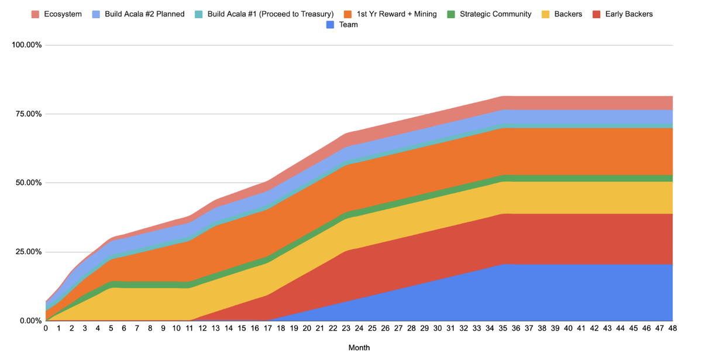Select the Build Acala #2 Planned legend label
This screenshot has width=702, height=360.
pos(144,14)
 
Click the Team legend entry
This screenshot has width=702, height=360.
pos(348,25)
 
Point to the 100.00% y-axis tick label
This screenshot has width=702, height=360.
pos(27,45)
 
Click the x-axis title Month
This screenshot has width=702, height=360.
pos(359,348)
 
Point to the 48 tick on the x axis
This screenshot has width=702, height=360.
pos(673,329)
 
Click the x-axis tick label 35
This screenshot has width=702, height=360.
pos(503,329)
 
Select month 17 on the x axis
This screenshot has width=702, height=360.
pos(268,329)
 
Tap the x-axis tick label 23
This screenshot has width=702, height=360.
pos(346,329)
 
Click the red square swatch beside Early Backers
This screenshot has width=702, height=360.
pos(597,14)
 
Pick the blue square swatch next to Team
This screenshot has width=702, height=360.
pos(331,25)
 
